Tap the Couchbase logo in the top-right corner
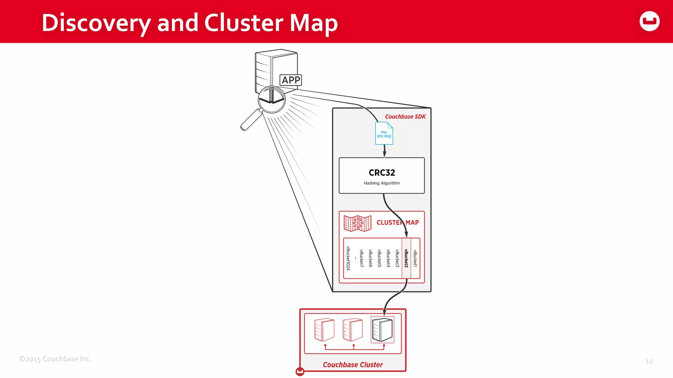tap(649, 21)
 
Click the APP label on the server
tap(290, 80)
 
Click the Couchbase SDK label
tap(405, 116)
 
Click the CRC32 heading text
tap(382, 173)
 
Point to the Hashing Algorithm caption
tap(382, 183)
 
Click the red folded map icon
tap(358, 223)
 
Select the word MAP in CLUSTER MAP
tap(412, 222)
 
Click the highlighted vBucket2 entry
tap(406, 258)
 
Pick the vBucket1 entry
tap(415, 258)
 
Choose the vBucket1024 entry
tap(348, 258)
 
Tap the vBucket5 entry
tap(379, 258)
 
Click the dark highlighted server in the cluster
tap(382, 330)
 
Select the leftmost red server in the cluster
tap(324, 330)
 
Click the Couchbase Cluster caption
tap(353, 365)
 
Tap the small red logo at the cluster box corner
tap(300, 371)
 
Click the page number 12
tap(649, 361)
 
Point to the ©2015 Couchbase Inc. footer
tap(55, 359)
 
